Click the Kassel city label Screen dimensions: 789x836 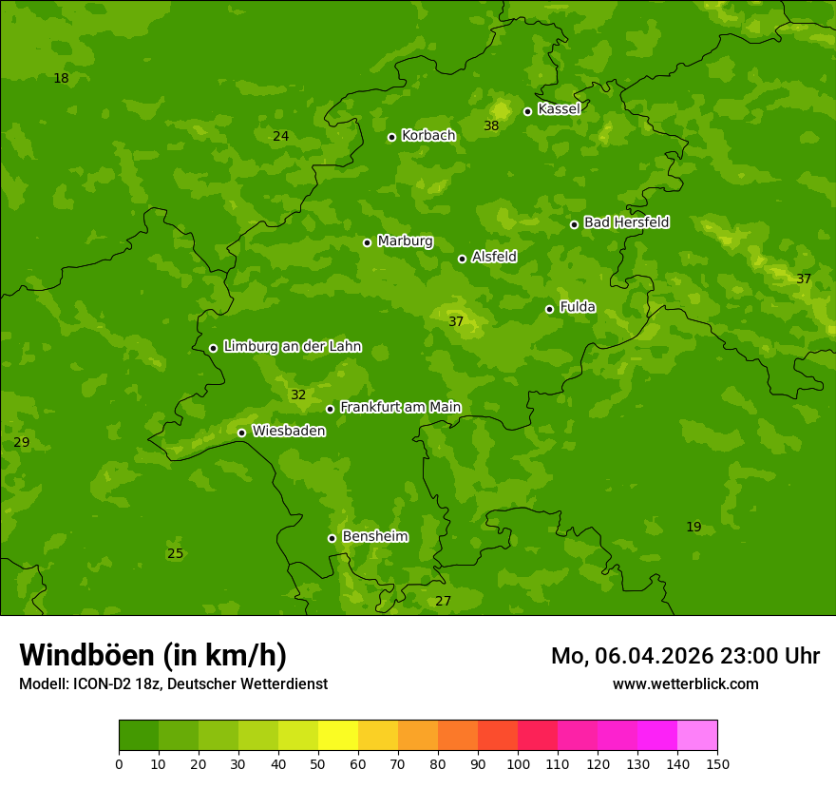click(559, 109)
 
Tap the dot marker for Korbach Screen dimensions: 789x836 click(391, 137)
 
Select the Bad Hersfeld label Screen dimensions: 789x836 click(626, 222)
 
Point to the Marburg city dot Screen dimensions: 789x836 click(367, 242)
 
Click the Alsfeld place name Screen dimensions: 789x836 click(494, 257)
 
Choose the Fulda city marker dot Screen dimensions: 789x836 click(549, 309)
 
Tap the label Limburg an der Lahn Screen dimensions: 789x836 click(292, 347)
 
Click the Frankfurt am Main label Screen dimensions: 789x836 click(400, 407)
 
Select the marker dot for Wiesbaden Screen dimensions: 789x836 click(241, 433)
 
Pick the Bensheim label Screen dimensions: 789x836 click(374, 536)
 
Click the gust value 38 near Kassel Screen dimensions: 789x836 click(491, 126)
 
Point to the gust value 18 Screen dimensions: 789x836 click(61, 79)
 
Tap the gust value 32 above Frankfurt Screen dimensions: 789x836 click(298, 395)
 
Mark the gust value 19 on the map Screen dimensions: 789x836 click(693, 528)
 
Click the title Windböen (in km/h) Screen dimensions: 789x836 click(153, 655)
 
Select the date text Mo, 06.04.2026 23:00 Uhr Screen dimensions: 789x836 click(685, 656)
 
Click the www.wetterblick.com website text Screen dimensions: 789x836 click(685, 684)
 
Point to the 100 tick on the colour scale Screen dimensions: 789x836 click(518, 763)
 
